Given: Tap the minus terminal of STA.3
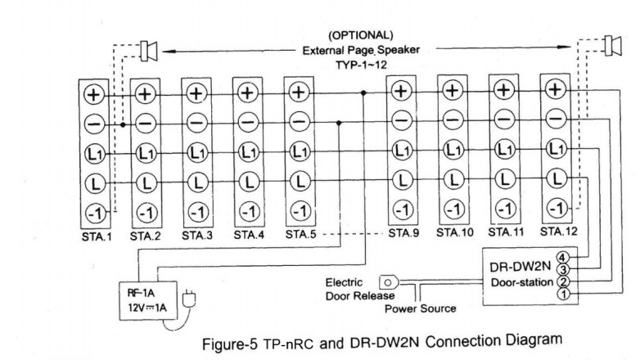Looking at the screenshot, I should [x=196, y=123].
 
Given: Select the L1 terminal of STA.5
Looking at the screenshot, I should [x=299, y=152].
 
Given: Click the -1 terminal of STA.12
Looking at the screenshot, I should [x=556, y=207].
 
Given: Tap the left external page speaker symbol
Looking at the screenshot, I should [x=149, y=51].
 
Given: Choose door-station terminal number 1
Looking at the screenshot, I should [x=562, y=295].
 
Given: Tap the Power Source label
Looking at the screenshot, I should [x=420, y=308].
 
